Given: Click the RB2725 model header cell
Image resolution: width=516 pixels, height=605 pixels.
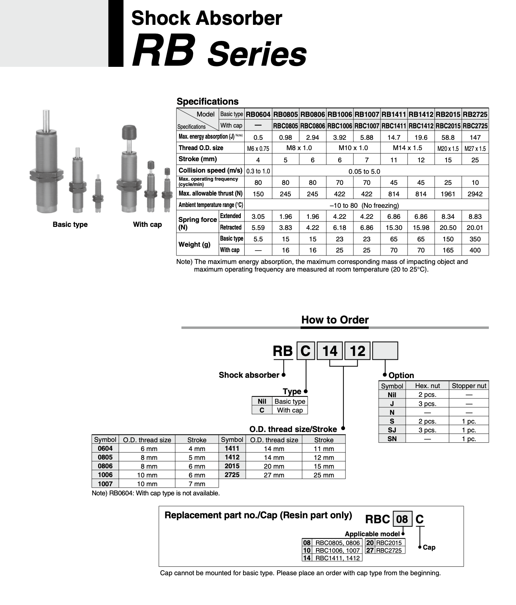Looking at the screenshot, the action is pos(475,114).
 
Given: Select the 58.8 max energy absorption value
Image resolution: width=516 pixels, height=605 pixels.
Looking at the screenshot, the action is pos(448,137).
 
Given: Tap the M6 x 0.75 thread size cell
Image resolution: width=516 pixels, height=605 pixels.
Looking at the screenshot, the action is pos(258,149).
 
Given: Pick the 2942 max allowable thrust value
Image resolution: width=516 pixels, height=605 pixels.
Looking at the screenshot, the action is pos(475,194).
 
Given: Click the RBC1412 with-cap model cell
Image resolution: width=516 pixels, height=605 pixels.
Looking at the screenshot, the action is pos(421,126).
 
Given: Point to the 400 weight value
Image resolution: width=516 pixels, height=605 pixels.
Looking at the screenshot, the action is pos(475,250).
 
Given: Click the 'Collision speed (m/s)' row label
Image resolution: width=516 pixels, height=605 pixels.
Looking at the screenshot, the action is pos(210,170).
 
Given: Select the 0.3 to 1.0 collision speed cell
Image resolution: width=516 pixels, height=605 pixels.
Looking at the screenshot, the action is pos(258,171).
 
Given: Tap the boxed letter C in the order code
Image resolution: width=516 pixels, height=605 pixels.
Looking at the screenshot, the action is pos(306,351).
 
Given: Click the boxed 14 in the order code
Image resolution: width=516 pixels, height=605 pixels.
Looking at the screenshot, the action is pos(330,351).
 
